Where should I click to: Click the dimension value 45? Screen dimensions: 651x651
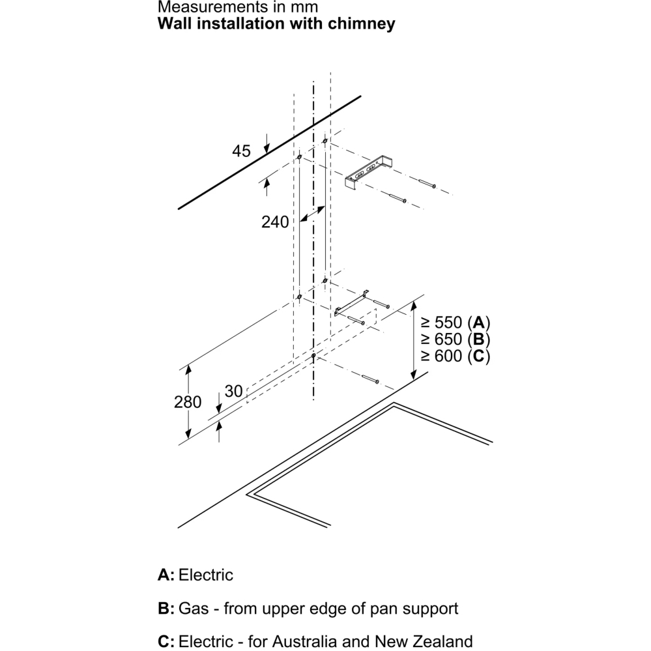point(241,151)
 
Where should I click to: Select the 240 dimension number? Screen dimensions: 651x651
point(275,222)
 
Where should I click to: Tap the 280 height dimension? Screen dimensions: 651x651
point(188,402)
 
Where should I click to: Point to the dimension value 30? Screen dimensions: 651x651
point(233,391)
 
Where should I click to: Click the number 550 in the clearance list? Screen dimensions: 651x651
point(448,323)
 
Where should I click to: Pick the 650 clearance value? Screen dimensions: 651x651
point(448,340)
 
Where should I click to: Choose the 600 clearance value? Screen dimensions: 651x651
point(448,356)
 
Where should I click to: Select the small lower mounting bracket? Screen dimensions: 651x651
point(351,303)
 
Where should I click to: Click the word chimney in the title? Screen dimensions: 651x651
point(361,23)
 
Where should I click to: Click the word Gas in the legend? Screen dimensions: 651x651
point(194,608)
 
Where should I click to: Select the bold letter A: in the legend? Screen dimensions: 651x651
point(166,575)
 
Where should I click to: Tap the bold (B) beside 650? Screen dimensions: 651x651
point(479,340)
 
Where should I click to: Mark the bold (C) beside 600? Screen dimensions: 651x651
point(479,356)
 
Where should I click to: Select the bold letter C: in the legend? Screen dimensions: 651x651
point(166,641)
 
